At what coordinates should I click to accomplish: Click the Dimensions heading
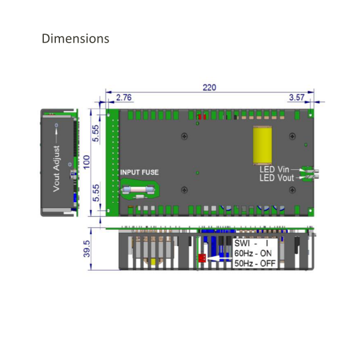[x=76, y=38]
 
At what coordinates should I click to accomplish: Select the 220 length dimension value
[x=209, y=88]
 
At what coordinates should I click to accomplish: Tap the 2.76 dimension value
[x=124, y=97]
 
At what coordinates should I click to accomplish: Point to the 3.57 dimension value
[x=297, y=97]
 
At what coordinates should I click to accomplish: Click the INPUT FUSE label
[x=139, y=172]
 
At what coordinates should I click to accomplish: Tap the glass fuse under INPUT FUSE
[x=139, y=190]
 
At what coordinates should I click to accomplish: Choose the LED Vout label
[x=278, y=178]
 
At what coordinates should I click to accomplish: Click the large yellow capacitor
[x=262, y=145]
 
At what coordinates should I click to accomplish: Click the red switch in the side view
[x=202, y=259]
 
